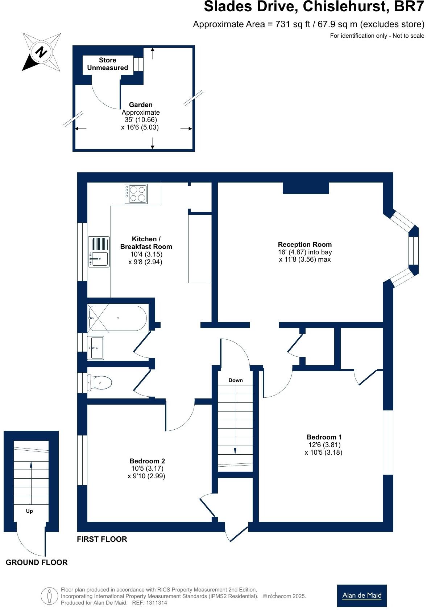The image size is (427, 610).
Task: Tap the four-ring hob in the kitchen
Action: coord(136,194)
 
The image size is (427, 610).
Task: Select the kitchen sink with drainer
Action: coord(99,252)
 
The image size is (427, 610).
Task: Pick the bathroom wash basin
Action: coord(96,348)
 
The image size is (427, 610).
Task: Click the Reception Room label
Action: coord(304,245)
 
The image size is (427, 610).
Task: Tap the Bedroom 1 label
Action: coord(324,437)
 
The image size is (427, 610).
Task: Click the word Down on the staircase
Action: coord(235,380)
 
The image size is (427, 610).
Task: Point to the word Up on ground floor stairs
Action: coord(29,511)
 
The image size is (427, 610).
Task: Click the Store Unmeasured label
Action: coord(107,64)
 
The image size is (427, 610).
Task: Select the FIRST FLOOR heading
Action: coord(102,539)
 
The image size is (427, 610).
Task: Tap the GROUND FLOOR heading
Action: coord(37,562)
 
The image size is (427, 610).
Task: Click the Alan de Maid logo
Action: coord(361,595)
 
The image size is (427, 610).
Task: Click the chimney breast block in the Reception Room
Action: coord(306,188)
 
